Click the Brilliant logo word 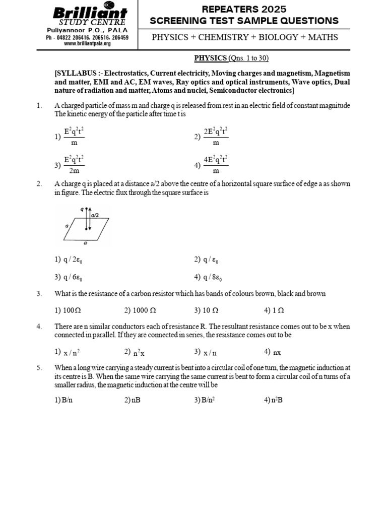[x=90, y=13]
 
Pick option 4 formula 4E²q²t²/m [x=216, y=165]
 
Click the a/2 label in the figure [x=95, y=215]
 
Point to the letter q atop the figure [x=82, y=208]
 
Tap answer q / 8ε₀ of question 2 [x=212, y=277]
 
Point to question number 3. [x=39, y=293]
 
